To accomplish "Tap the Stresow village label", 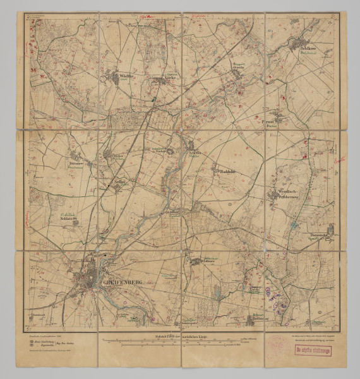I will [77, 162].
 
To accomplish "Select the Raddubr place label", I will [227, 171].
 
